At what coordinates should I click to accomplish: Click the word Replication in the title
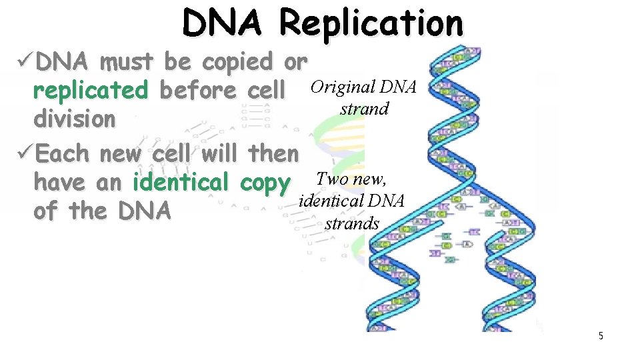[371, 23]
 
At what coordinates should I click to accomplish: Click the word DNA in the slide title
[225, 23]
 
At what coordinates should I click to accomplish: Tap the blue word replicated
[91, 91]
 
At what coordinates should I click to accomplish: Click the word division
[75, 119]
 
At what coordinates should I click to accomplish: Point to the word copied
[237, 62]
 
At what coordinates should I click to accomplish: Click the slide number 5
[600, 336]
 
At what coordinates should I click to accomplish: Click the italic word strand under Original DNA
[364, 108]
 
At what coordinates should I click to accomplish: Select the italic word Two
[331, 179]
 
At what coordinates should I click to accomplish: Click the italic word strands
[351, 223]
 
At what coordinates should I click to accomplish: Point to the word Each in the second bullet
[62, 153]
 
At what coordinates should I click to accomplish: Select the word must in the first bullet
[127, 62]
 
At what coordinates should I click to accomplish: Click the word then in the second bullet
[273, 153]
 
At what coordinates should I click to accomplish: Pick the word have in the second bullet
[55, 182]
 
